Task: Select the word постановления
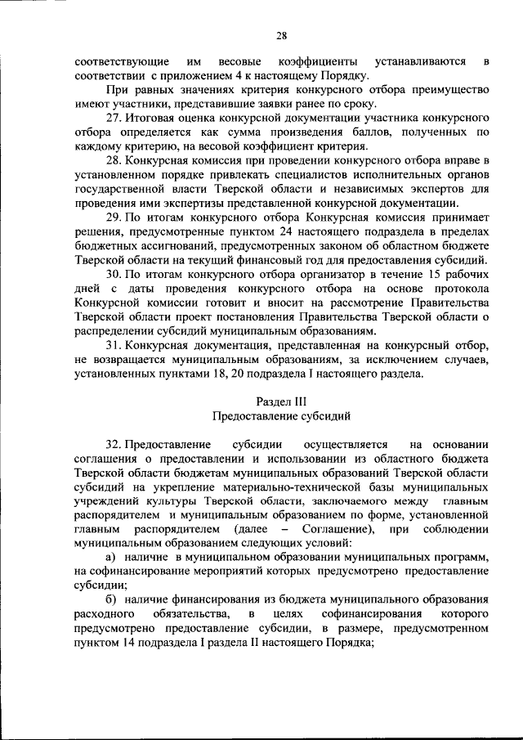(x=244, y=316)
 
